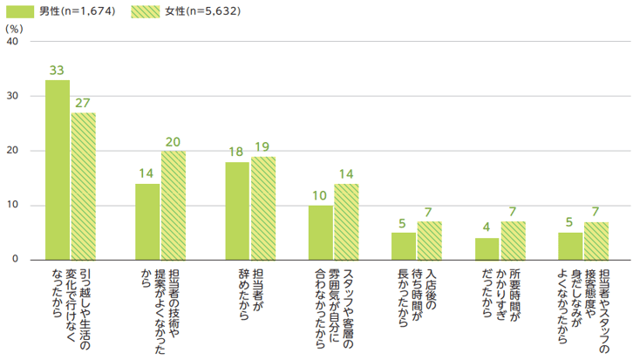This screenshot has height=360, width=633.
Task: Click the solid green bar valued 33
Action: click(58, 170)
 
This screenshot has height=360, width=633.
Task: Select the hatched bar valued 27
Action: click(84, 187)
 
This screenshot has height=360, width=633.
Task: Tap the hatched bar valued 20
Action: click(174, 206)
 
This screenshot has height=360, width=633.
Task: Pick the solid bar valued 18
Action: click(236, 211)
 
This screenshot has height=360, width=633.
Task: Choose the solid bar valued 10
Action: click(320, 233)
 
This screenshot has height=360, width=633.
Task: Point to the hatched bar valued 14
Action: click(346, 222)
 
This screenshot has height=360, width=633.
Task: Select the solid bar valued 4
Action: click(487, 248)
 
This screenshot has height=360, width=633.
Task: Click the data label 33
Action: click(58, 71)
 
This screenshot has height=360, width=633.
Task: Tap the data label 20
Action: click(174, 142)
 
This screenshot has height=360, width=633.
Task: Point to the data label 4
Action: click(487, 229)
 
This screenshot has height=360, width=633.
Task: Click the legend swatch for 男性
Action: click(20, 11)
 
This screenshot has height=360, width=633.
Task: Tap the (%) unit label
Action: click(14, 28)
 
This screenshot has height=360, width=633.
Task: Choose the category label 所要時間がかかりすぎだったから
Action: click(500, 295)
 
